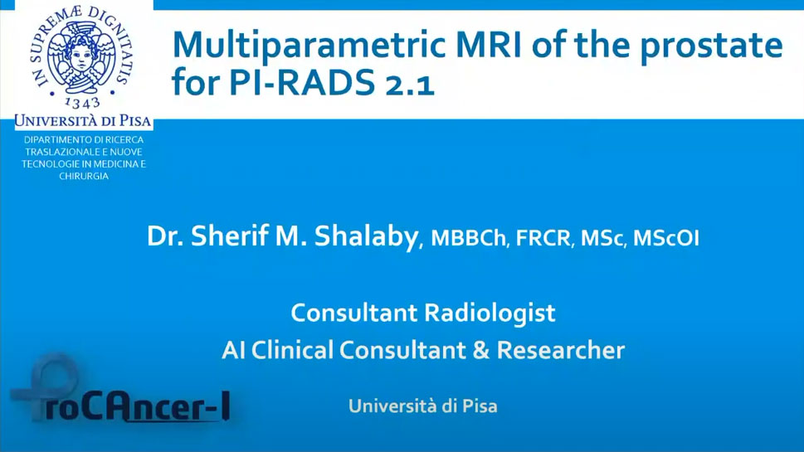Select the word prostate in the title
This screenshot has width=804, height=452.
click(x=712, y=47)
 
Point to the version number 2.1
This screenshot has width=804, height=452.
click(x=409, y=85)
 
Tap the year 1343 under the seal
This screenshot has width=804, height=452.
click(x=82, y=103)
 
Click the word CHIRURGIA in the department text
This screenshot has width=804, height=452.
click(x=84, y=176)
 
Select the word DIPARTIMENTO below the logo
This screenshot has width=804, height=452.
click(x=56, y=139)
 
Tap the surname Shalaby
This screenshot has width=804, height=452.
click(x=367, y=237)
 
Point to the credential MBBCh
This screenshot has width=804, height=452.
click(x=468, y=238)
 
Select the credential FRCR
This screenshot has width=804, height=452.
click(x=543, y=238)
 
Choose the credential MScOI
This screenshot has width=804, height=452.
click(x=666, y=238)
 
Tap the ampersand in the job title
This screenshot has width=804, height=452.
click(x=480, y=351)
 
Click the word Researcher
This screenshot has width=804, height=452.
click(x=560, y=351)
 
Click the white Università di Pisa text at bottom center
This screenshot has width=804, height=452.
click(x=423, y=406)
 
